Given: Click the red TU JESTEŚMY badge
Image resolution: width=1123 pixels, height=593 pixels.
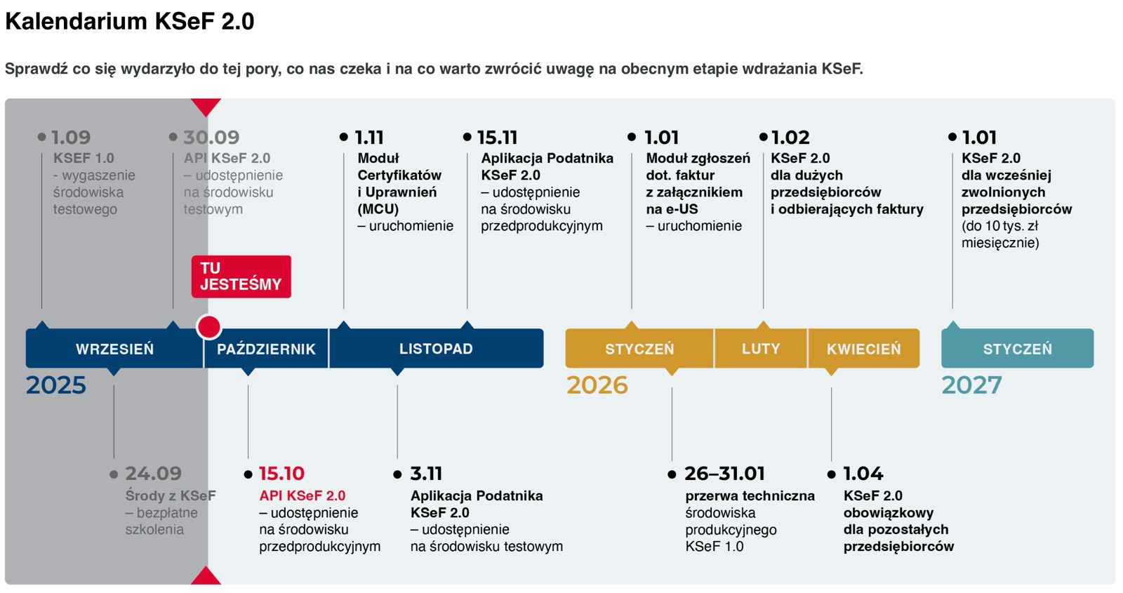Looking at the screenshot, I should (241, 276).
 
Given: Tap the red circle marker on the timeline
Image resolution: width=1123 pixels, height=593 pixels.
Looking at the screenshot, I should (208, 327).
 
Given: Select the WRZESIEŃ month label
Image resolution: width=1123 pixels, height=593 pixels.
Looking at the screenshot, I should (114, 349).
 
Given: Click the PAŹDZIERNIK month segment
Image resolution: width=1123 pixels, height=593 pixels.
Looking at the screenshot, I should (266, 349).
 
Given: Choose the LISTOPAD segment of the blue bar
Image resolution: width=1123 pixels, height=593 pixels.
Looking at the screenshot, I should (436, 349).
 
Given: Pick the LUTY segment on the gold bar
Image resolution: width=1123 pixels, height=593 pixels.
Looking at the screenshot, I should (761, 349).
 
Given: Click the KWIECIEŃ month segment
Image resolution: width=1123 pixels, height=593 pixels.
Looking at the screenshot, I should (863, 349).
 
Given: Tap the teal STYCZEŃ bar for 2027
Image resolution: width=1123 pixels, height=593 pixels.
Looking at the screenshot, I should (1017, 349).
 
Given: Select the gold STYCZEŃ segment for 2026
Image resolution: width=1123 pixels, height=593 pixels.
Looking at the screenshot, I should (639, 349).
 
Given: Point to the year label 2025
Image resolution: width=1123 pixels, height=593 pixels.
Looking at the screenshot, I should (56, 385).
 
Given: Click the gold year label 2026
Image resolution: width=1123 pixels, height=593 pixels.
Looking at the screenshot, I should (597, 385).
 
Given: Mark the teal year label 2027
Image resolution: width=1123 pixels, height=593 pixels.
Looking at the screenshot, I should (971, 385).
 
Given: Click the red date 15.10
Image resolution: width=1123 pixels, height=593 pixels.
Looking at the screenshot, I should (281, 474).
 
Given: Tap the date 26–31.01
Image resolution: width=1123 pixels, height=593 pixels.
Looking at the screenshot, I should (724, 474).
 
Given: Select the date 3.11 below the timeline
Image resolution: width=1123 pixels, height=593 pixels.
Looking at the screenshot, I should (426, 474).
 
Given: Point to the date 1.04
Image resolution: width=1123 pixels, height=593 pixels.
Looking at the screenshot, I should (863, 474).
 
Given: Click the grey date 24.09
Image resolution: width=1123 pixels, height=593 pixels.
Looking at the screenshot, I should (153, 474).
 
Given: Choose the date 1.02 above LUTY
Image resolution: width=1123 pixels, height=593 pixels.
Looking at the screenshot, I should (790, 138).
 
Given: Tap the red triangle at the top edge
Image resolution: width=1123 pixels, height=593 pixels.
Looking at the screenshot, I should (206, 107).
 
